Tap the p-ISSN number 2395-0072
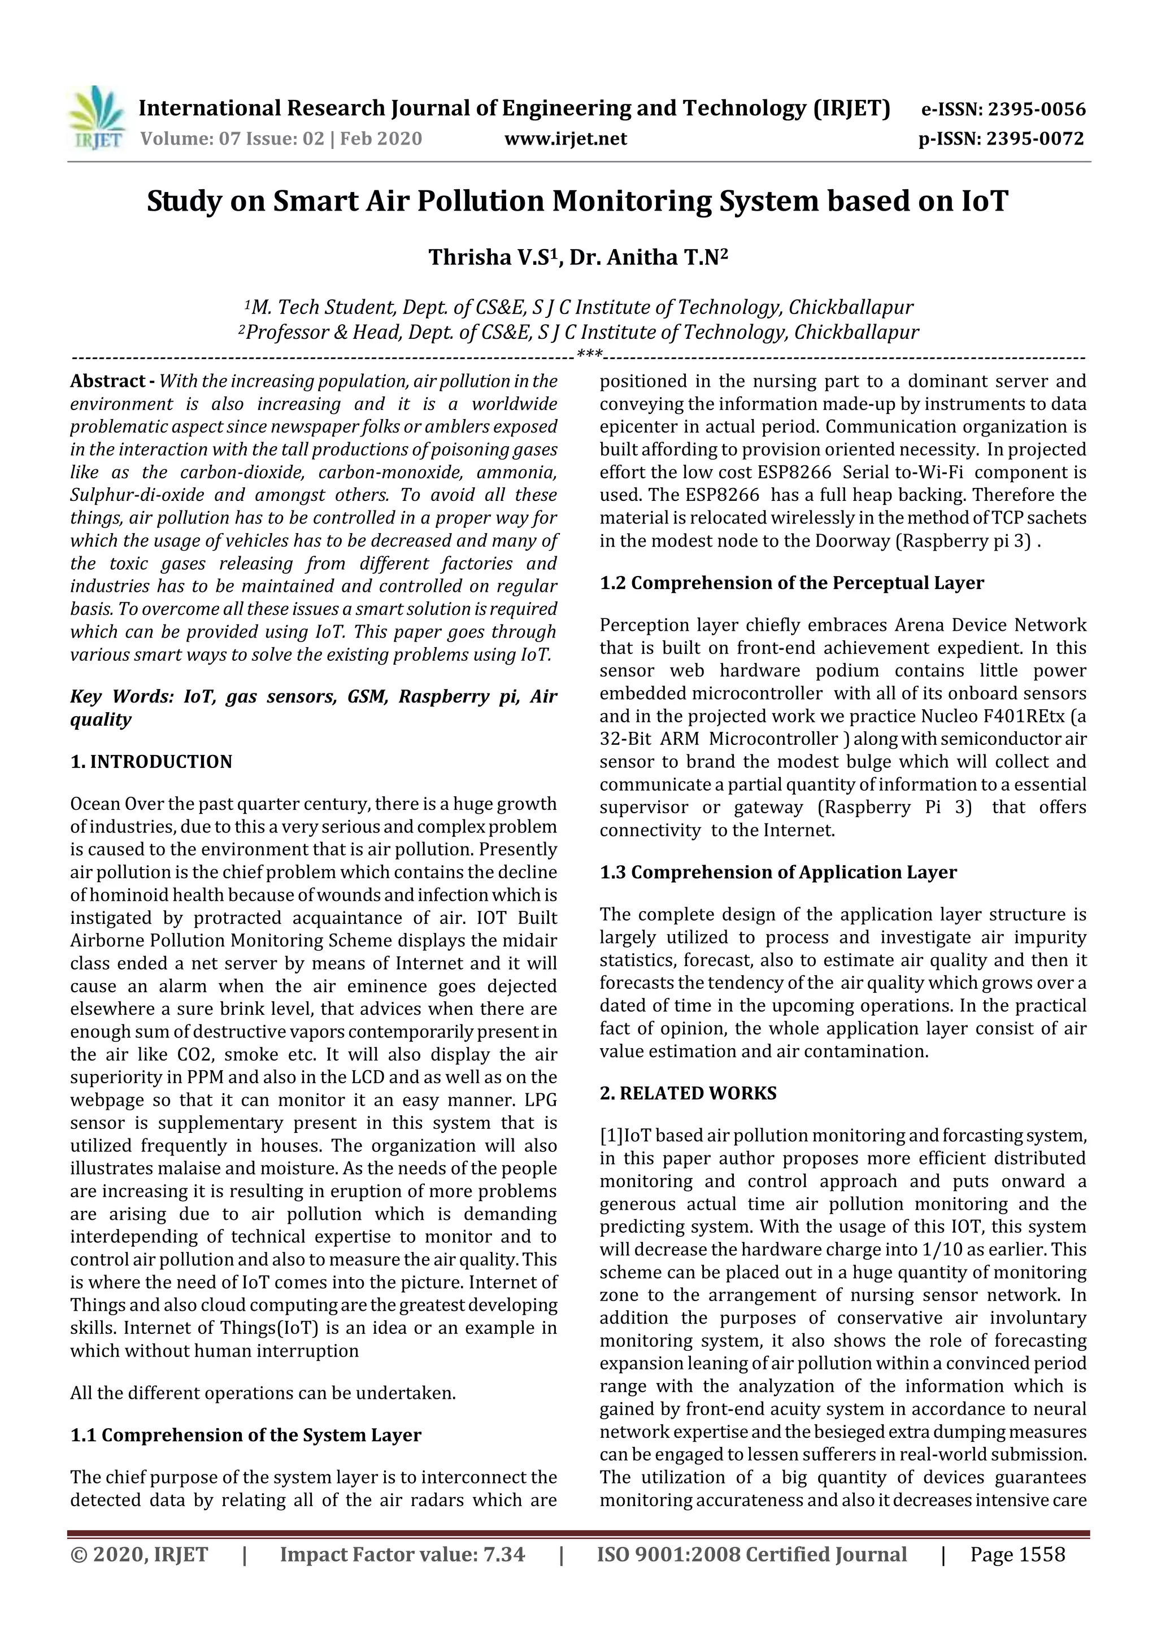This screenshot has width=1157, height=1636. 1035,138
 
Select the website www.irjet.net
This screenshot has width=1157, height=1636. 566,138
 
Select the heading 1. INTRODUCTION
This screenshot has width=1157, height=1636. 151,762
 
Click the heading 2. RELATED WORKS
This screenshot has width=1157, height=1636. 688,1093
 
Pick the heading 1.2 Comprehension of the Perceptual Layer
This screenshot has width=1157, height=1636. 791,583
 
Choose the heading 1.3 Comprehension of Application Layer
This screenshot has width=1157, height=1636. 778,872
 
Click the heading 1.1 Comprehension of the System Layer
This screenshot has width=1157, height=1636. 246,1435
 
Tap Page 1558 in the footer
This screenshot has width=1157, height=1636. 1017,1554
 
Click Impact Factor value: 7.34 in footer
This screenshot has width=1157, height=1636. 402,1554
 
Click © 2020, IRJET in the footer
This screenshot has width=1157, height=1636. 139,1554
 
